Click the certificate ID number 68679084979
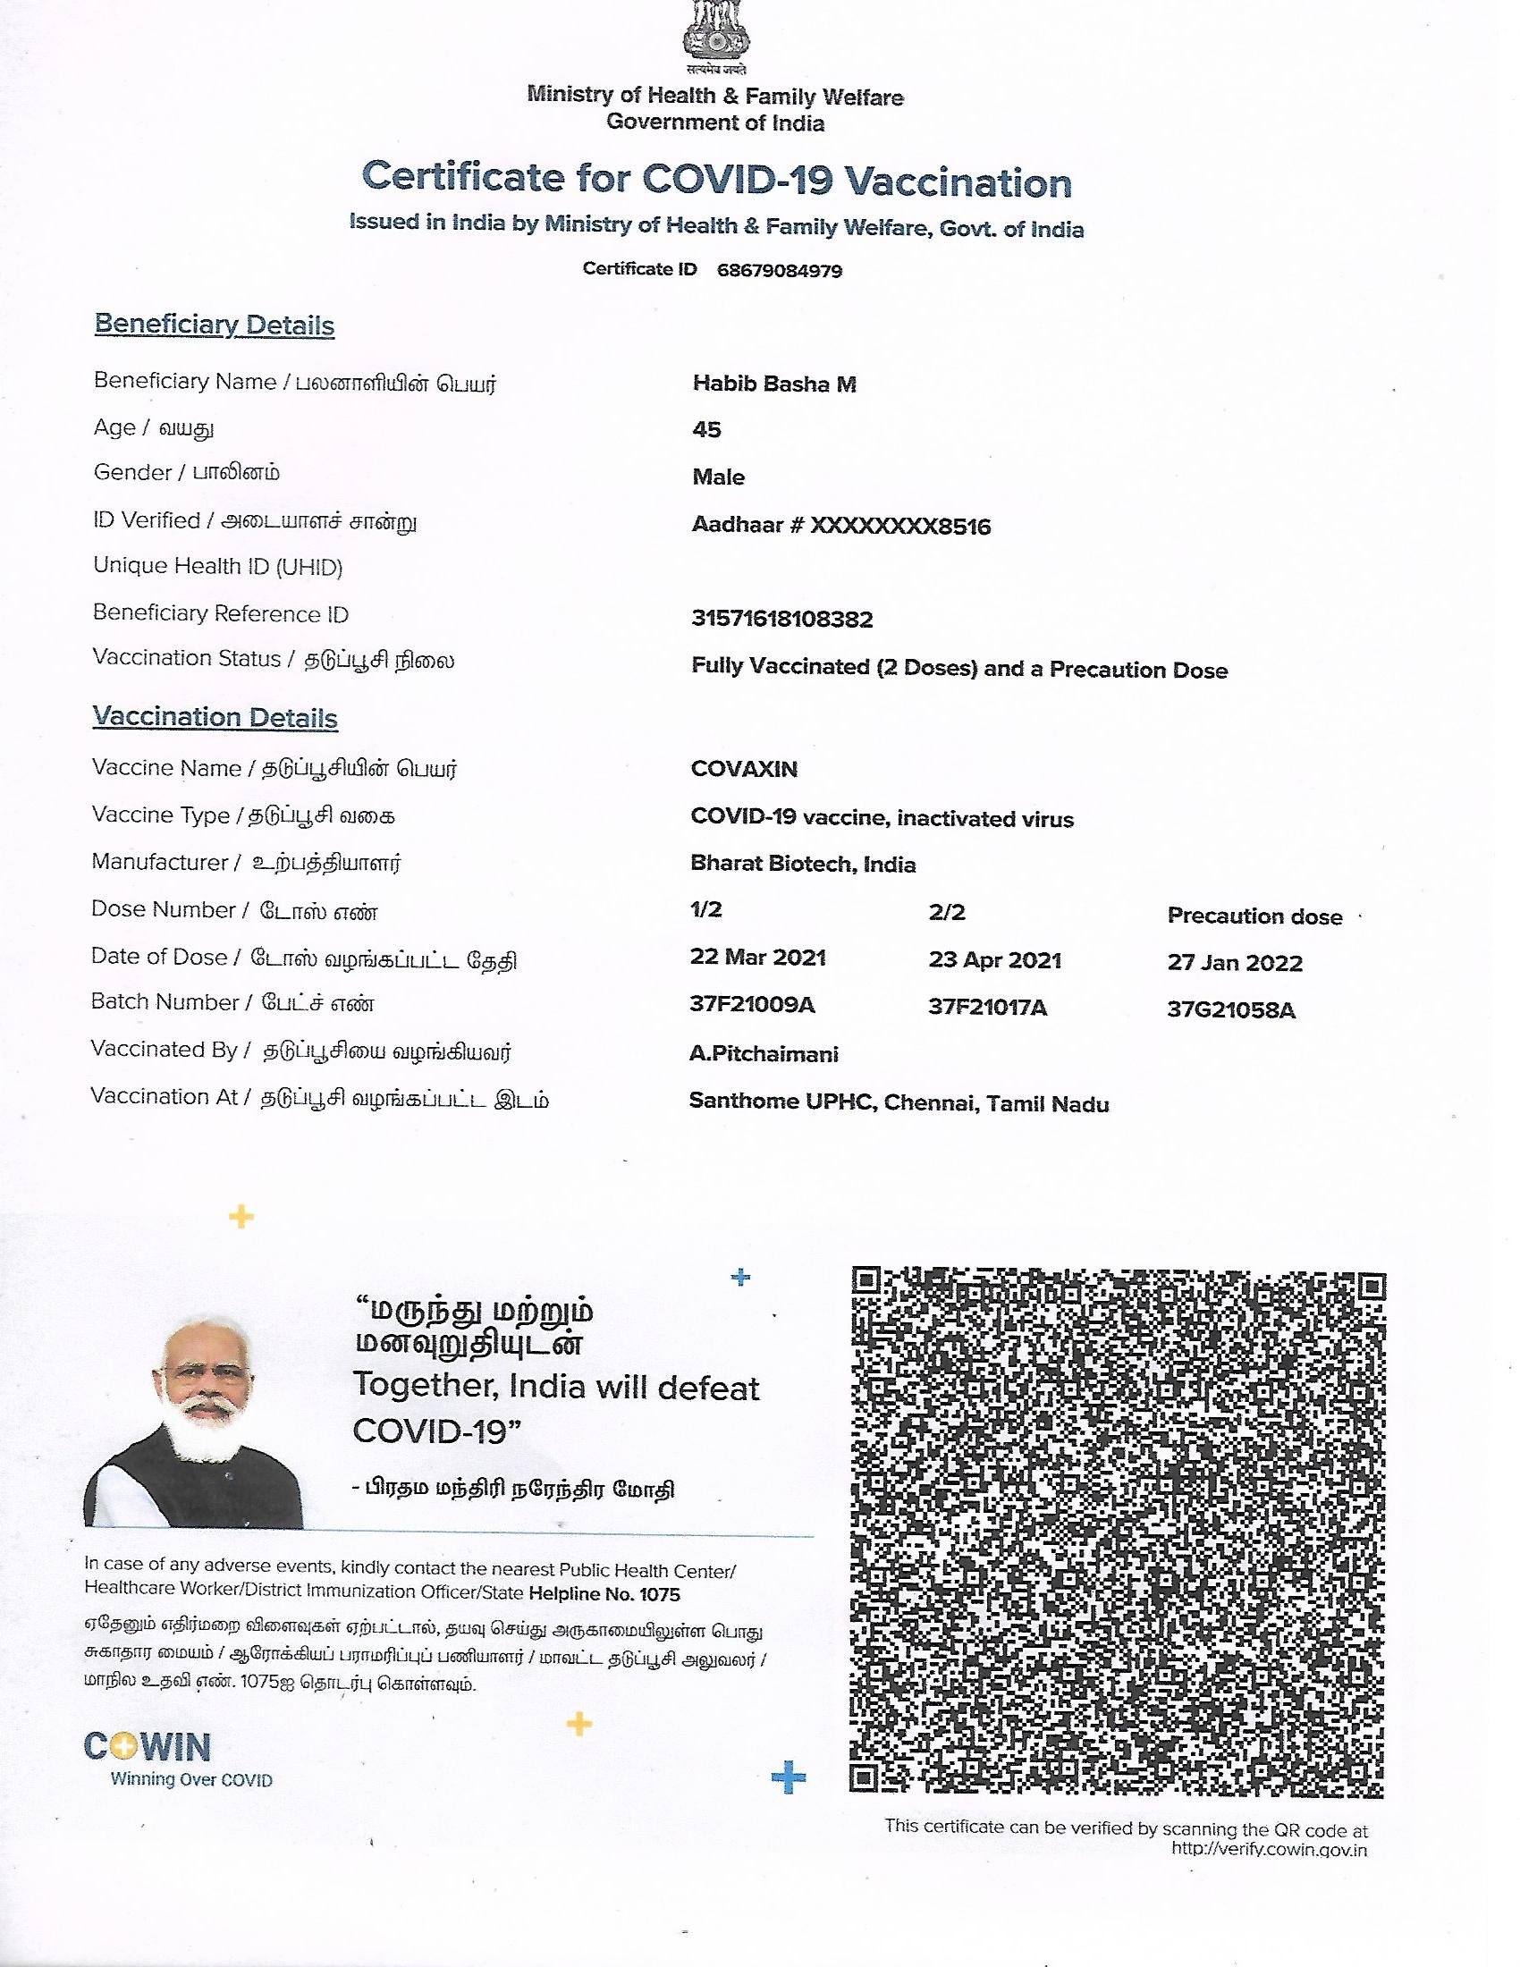[x=779, y=271]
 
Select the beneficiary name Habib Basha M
[x=773, y=384]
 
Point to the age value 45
[x=706, y=429]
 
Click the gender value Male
[x=718, y=477]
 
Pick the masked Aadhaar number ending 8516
[x=840, y=526]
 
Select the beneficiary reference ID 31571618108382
[x=781, y=619]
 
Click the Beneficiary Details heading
[x=215, y=325]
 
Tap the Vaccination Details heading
[x=215, y=718]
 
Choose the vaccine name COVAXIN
[x=744, y=769]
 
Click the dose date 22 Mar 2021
[x=757, y=958]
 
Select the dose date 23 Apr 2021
[x=994, y=960]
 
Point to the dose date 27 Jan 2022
[x=1235, y=963]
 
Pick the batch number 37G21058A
[x=1231, y=1010]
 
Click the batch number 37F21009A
[x=752, y=1004]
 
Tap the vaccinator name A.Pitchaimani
[x=764, y=1054]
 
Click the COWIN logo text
[x=148, y=1748]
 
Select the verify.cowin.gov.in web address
[x=1269, y=1850]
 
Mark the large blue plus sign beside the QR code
[x=789, y=1778]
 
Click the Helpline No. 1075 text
[x=604, y=1594]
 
